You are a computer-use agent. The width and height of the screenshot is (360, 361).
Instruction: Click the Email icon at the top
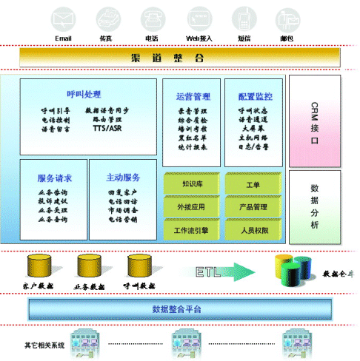pyautogui.click(x=64, y=17)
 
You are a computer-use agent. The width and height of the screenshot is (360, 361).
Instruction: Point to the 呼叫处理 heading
pyautogui.click(x=83, y=94)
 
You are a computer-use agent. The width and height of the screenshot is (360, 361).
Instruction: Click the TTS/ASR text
pyautogui.click(x=108, y=128)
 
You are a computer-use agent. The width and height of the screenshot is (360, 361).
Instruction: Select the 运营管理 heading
pyautogui.click(x=193, y=96)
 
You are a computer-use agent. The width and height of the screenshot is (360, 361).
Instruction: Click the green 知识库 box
pyautogui.click(x=193, y=183)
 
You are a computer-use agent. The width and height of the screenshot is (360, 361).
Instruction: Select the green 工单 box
pyautogui.click(x=253, y=183)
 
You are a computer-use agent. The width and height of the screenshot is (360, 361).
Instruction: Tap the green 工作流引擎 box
pyautogui.click(x=193, y=230)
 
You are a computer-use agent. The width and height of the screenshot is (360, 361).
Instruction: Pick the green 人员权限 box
pyautogui.click(x=253, y=230)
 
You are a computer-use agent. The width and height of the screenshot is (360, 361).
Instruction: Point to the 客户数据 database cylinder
pyautogui.click(x=37, y=266)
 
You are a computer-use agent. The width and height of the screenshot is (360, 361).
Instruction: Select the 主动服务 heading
pyautogui.click(x=123, y=178)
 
